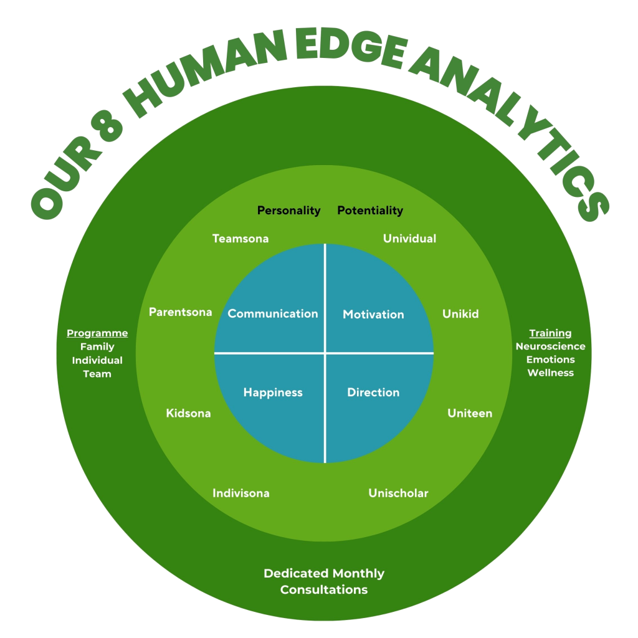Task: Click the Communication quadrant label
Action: [x=273, y=314]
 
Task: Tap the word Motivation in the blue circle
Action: [x=373, y=315]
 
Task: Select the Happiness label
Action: [x=273, y=393]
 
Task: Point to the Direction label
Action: [x=373, y=393]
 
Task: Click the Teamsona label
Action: [x=240, y=239]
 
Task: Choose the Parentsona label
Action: [x=181, y=312]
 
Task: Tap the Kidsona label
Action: [x=188, y=413]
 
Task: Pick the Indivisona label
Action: [x=241, y=493]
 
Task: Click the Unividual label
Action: [x=409, y=239]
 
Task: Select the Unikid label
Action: [x=460, y=314]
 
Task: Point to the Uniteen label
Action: [x=470, y=413]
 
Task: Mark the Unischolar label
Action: [x=398, y=493]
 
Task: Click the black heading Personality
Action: [x=288, y=211]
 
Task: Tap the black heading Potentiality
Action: [x=370, y=211]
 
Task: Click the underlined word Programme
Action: [x=97, y=333]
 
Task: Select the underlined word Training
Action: [x=550, y=333]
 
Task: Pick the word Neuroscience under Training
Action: [x=550, y=346]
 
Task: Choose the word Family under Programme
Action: [x=97, y=347]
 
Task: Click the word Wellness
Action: [x=550, y=373]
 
